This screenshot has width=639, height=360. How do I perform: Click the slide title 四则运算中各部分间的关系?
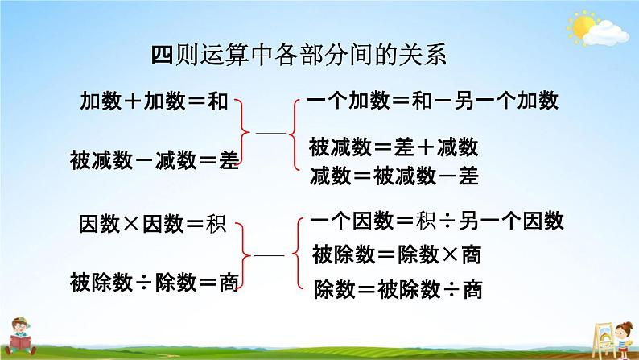[x=298, y=56]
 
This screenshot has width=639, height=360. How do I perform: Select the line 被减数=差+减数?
[x=394, y=147]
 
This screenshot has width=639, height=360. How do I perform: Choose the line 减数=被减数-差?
[x=394, y=177]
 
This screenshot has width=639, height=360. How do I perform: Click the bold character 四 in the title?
[x=162, y=56]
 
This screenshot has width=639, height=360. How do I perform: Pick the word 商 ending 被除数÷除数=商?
[x=229, y=283]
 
